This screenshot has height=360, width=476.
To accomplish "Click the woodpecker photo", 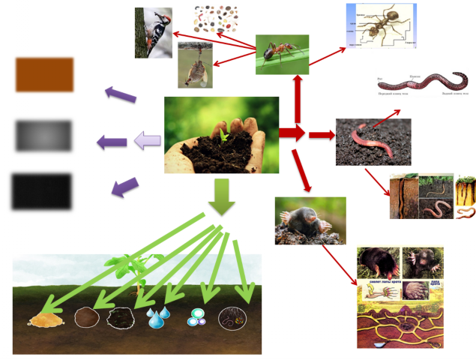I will coord(153,33).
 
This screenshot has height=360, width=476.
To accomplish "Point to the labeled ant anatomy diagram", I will coord(381,25).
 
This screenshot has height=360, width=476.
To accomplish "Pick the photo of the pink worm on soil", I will coord(373,141).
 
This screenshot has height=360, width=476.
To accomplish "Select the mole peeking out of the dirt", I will coord(310,220).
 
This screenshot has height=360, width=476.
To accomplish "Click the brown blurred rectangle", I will coord(44,74).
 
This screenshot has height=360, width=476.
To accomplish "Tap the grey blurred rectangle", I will coord(44,135).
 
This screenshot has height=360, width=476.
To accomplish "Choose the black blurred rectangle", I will coord(41,191).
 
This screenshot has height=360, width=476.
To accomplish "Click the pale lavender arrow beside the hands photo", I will coord(147,140).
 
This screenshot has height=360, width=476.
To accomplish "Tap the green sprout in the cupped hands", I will coord(223,136).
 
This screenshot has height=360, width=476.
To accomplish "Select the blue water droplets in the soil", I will coord(157,318).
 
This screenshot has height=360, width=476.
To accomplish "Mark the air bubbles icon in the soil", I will coord(196,318).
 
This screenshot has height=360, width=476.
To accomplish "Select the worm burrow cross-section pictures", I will coord(432,196).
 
